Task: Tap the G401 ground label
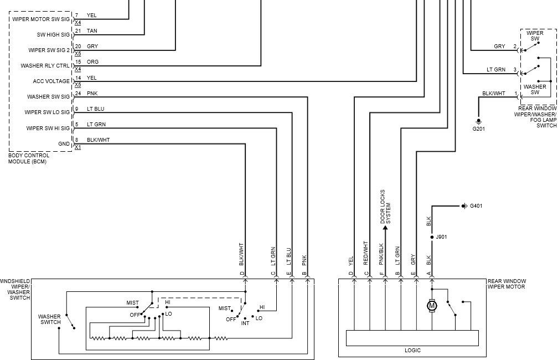coord(476,206)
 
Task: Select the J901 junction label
coord(441,237)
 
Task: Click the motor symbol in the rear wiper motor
coord(432,305)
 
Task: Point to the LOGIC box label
coord(412,351)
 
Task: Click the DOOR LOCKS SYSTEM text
coord(385,206)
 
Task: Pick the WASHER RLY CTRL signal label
coord(45,65)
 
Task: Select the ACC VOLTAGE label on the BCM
coord(51,81)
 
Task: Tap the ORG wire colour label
coord(92,62)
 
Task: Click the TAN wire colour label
coord(92,31)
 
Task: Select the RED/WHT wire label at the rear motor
coord(366,254)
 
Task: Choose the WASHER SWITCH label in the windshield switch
coord(49,320)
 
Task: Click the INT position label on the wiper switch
coord(245,322)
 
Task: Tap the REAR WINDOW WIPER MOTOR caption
coord(507,285)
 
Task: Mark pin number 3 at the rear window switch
coord(515,70)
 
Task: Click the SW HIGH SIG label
coord(53,34)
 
